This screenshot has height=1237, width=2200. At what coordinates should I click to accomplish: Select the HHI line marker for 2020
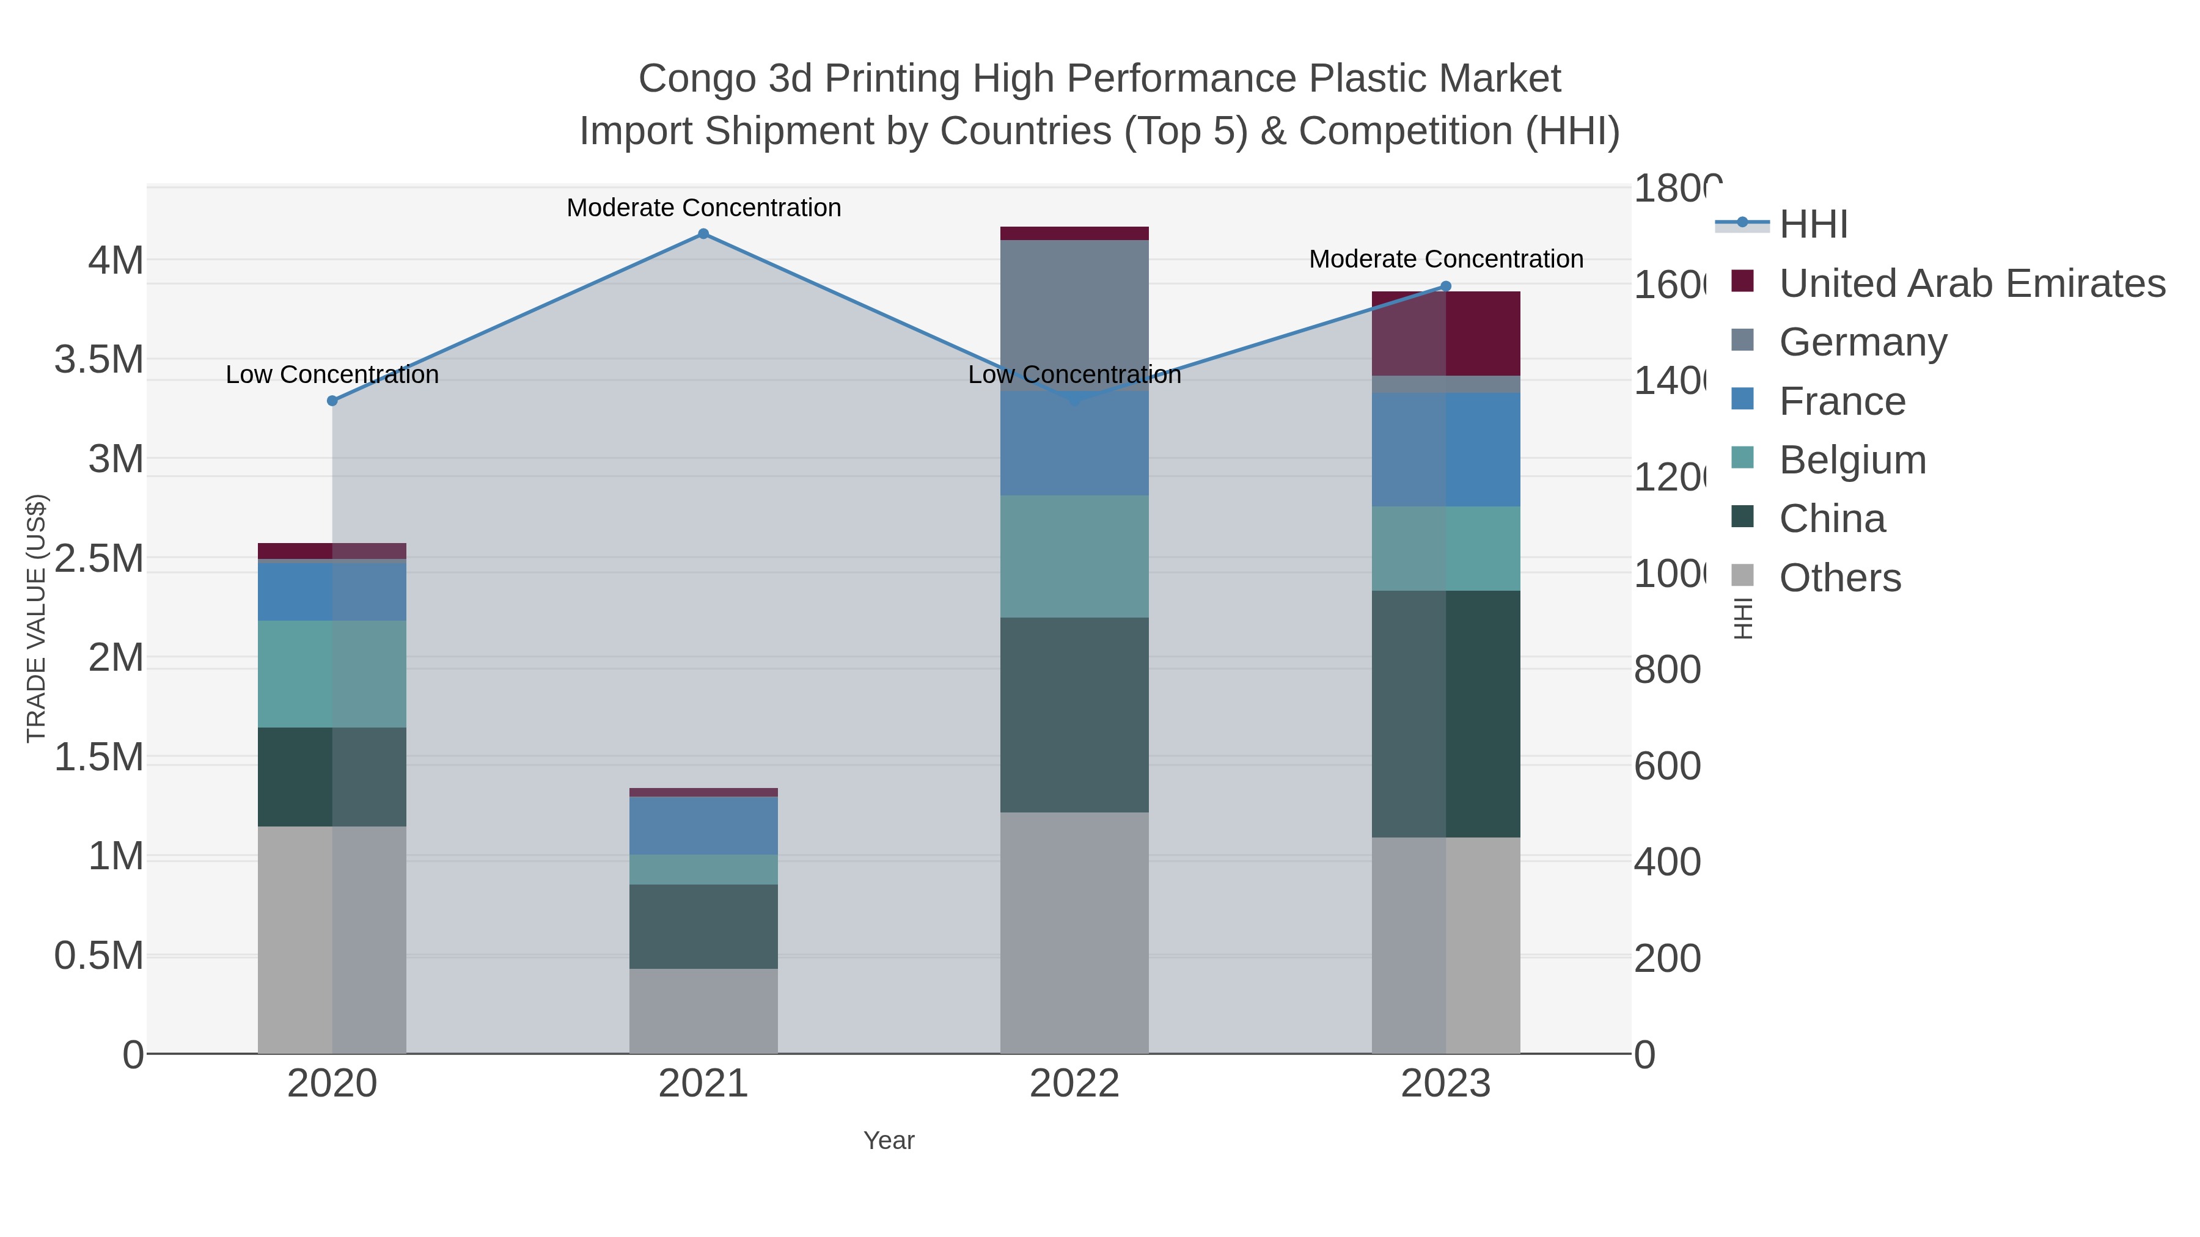pyautogui.click(x=332, y=400)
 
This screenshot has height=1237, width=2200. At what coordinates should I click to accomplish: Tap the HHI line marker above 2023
pyautogui.click(x=1445, y=287)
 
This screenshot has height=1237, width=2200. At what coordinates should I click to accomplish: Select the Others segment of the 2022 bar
pyautogui.click(x=1074, y=932)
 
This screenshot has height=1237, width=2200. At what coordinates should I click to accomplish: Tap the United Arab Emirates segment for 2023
pyautogui.click(x=1445, y=333)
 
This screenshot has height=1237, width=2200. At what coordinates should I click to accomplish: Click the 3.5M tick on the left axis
pyautogui.click(x=99, y=359)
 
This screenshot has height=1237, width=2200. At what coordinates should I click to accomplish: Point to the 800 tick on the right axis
pyautogui.click(x=1667, y=670)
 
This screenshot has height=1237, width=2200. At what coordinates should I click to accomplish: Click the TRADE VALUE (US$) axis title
pyautogui.click(x=36, y=618)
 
